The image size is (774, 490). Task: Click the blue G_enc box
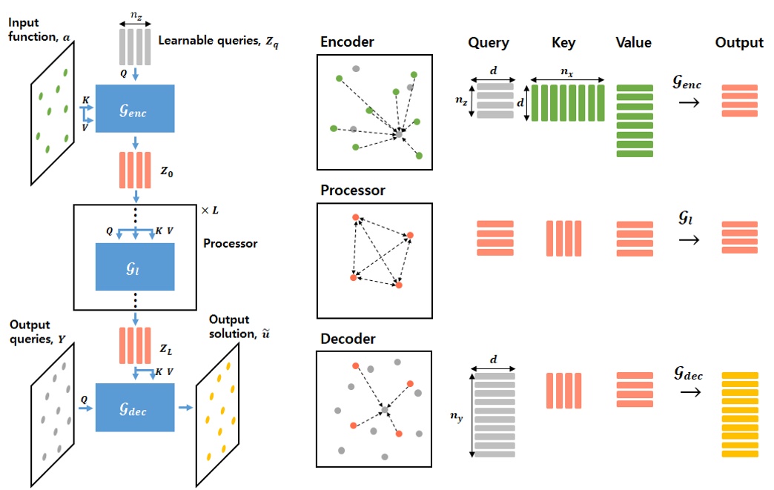click(x=135, y=109)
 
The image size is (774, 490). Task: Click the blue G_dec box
click(x=135, y=407)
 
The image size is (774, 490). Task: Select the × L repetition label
click(x=210, y=211)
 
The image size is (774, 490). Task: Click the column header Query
click(x=489, y=44)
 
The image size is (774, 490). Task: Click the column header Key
click(x=563, y=44)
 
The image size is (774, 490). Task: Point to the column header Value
click(x=633, y=44)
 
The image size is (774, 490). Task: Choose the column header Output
click(x=738, y=44)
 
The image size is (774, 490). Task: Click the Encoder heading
click(x=347, y=42)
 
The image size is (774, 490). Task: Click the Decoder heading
click(x=348, y=339)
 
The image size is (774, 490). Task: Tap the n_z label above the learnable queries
click(x=135, y=13)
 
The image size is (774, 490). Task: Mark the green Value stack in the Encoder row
click(x=634, y=121)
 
